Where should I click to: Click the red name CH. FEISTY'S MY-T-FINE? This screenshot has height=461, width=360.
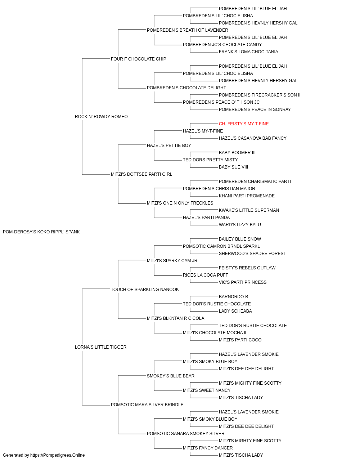tap(244, 124)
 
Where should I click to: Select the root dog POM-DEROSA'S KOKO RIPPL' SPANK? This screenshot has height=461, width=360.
tap(41, 232)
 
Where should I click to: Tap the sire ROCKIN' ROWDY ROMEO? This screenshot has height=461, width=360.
tap(101, 116)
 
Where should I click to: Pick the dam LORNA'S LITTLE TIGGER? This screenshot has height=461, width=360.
tap(100, 347)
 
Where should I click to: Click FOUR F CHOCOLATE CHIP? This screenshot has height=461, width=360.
tap(139, 59)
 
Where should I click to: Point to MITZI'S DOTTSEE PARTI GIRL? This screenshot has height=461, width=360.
tap(141, 174)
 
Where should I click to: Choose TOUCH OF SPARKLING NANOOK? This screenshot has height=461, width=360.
tap(145, 289)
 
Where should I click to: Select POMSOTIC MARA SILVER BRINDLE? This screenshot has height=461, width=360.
tap(147, 404)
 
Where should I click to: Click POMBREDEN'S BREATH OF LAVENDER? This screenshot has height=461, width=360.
tap(188, 30)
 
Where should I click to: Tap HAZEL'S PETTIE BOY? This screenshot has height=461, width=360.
tap(169, 145)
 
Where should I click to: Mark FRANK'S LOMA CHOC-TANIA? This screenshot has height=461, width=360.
tap(248, 52)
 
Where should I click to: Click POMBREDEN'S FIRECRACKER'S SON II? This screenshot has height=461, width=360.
tap(260, 95)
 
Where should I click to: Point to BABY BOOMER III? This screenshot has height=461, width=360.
tap(237, 153)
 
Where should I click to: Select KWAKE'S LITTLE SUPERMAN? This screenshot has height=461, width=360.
tap(249, 210)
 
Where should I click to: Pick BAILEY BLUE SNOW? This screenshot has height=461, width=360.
tap(240, 239)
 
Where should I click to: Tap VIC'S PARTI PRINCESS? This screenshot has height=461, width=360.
tap(243, 282)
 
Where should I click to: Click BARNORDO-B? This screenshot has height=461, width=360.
tap(233, 296)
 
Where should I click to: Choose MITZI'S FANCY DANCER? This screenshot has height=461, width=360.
tap(208, 448)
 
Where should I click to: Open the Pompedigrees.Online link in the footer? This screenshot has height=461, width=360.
tap(58, 455)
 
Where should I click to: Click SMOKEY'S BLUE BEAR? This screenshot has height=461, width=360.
tap(171, 376)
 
